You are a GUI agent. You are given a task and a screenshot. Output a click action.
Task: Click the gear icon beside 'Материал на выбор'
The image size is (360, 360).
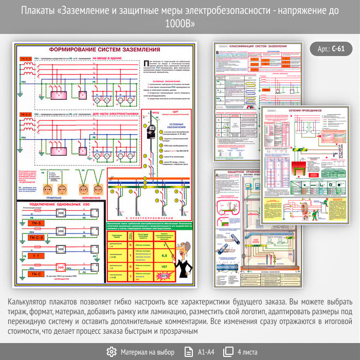111,352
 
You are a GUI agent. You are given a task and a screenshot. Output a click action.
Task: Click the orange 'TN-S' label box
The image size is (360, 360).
37,223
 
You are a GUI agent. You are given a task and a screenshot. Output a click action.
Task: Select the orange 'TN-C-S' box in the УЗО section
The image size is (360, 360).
37,238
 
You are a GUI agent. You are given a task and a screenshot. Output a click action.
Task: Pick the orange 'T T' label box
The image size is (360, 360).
37,256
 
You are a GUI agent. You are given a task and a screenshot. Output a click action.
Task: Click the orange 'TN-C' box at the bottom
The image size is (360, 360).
37,275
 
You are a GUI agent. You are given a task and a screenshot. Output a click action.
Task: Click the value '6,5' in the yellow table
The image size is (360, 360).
164,256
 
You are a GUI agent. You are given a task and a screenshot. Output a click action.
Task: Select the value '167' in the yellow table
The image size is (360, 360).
164,267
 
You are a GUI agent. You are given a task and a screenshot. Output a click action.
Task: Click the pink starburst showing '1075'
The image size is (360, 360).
164,276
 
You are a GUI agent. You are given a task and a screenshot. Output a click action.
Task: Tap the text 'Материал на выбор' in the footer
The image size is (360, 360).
148,352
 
